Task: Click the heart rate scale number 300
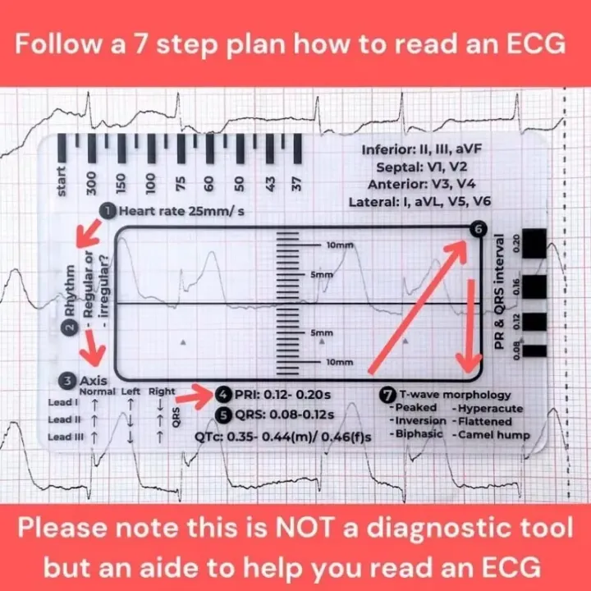pyautogui.click(x=91, y=182)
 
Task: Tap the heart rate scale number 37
pyautogui.click(x=297, y=182)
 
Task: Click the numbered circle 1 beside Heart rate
pyautogui.click(x=108, y=211)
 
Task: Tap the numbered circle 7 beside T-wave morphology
pyautogui.click(x=386, y=394)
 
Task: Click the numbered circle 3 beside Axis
pyautogui.click(x=67, y=380)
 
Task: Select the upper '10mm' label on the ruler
pyautogui.click(x=339, y=246)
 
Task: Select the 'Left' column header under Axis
pyautogui.click(x=131, y=392)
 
